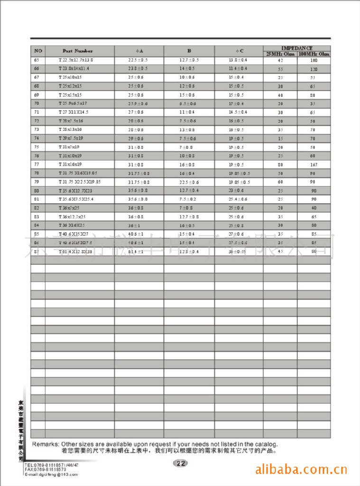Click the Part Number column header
tap(77, 51)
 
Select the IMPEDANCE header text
tap(297, 48)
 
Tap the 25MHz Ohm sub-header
tap(280, 54)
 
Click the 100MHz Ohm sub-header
tap(314, 54)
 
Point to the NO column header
tap(38, 51)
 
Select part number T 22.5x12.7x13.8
tap(76, 60)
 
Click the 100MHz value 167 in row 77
tap(314, 164)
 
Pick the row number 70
tap(37, 103)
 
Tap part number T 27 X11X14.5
tap(74, 112)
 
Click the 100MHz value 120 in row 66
tap(314, 69)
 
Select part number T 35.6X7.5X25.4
tap(76, 199)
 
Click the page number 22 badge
tap(180, 464)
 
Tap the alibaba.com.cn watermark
tap(301, 470)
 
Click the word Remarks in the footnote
tap(46, 444)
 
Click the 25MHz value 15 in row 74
tap(280, 138)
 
